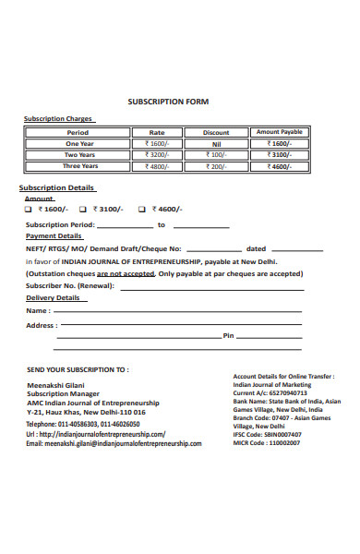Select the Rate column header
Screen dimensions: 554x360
point(157,132)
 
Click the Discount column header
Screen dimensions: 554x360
point(215,132)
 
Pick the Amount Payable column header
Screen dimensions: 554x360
point(279,132)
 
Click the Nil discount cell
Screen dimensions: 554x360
point(215,144)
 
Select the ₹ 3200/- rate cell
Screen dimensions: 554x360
point(157,155)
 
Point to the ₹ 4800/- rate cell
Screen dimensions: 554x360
point(157,166)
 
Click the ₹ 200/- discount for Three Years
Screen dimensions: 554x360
point(215,166)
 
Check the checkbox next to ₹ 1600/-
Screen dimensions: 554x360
point(30,209)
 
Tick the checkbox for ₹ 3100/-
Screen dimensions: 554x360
point(84,209)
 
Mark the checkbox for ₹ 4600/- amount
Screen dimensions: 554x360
point(142,209)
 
